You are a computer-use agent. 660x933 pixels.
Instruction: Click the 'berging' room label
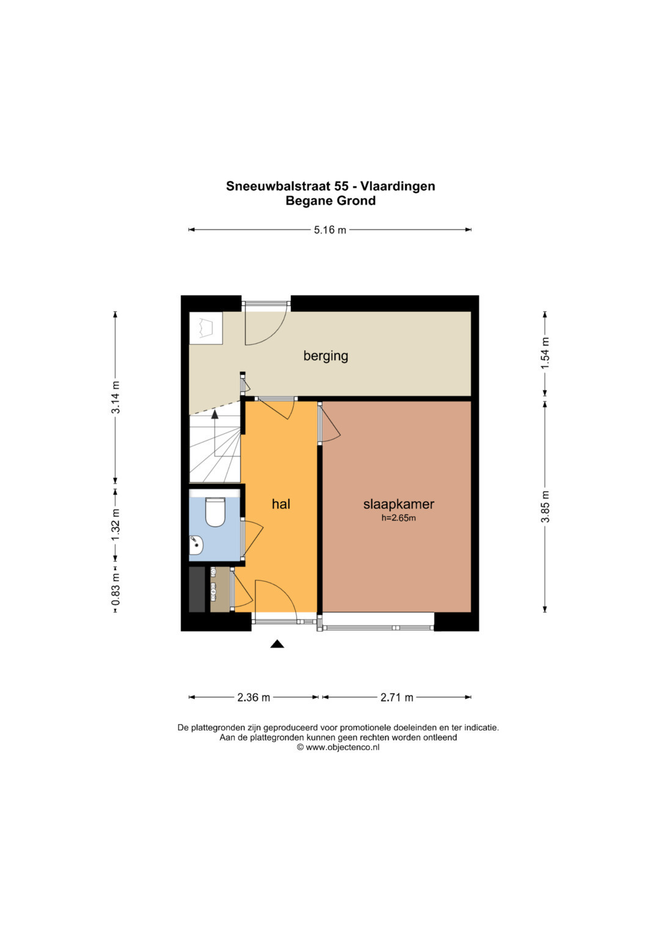click(x=325, y=356)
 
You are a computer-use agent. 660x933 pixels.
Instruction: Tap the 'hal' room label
click(x=281, y=505)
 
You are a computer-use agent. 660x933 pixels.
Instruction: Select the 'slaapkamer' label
click(x=398, y=505)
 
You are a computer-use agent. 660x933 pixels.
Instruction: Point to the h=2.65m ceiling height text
click(x=398, y=519)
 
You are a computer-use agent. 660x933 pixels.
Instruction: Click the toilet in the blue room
click(x=215, y=512)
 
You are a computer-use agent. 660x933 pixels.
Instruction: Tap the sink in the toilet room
click(x=196, y=545)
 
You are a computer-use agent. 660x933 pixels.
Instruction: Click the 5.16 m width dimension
click(x=330, y=230)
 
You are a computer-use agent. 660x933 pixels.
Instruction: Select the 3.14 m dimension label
click(x=116, y=397)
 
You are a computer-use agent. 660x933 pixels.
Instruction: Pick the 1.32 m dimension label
click(x=116, y=525)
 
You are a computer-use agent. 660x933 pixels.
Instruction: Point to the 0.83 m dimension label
click(x=116, y=590)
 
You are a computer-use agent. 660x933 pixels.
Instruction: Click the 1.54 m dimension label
click(x=545, y=353)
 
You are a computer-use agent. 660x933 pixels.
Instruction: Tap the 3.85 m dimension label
click(x=545, y=507)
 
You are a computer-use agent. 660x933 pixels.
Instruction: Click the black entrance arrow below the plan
click(x=277, y=644)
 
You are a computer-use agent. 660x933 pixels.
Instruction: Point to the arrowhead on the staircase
click(x=215, y=414)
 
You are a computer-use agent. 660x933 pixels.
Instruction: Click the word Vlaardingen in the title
click(x=397, y=186)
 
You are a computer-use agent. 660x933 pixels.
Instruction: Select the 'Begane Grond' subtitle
click(x=331, y=201)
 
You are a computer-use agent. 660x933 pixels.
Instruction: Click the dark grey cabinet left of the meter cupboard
click(x=197, y=590)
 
